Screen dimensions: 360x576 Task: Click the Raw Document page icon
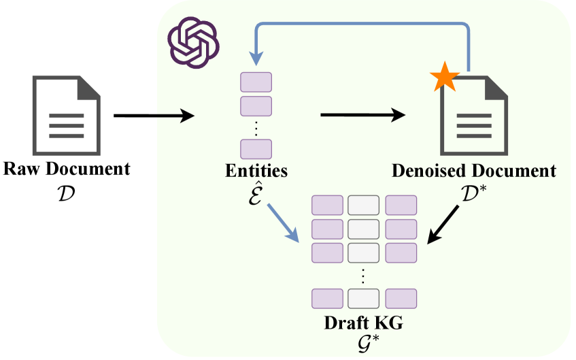66,114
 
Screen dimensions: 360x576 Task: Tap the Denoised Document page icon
474,114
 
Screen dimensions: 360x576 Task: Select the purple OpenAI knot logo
193,42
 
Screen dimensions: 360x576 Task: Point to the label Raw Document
67,169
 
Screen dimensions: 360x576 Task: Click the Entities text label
256,171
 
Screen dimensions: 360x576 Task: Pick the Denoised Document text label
474,171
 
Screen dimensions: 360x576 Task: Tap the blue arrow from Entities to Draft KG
282,222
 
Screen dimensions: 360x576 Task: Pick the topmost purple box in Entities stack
256,82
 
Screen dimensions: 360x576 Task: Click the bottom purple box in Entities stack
256,148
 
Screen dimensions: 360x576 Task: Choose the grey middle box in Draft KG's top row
363,205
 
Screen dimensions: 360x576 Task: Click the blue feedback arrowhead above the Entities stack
256,60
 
